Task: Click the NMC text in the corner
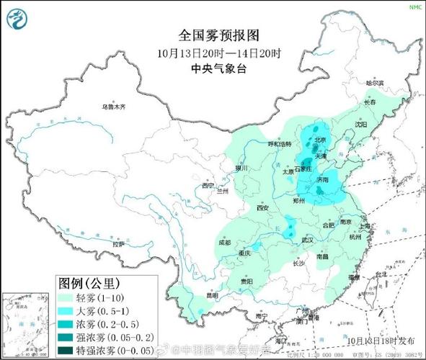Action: click(415, 6)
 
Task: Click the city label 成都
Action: click(225, 243)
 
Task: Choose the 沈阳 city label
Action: click(360, 125)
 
